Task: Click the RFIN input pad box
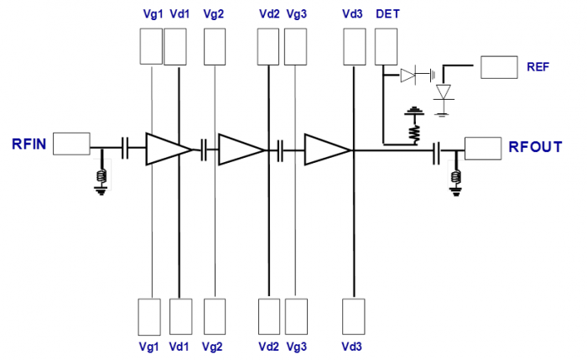71,143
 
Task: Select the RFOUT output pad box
482,149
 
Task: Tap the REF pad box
498,67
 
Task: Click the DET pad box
387,46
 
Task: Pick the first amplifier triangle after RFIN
169,149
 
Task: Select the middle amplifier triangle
241,149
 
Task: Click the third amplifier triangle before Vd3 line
327,150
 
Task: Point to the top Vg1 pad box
150,46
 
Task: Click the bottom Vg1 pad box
149,317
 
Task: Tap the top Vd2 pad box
268,46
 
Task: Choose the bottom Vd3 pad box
353,317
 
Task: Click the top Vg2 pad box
216,46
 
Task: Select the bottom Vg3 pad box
296,317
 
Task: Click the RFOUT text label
535,149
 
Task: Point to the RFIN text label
29,143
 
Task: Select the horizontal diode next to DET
408,76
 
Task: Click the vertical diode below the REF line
444,92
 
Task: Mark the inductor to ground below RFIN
102,175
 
